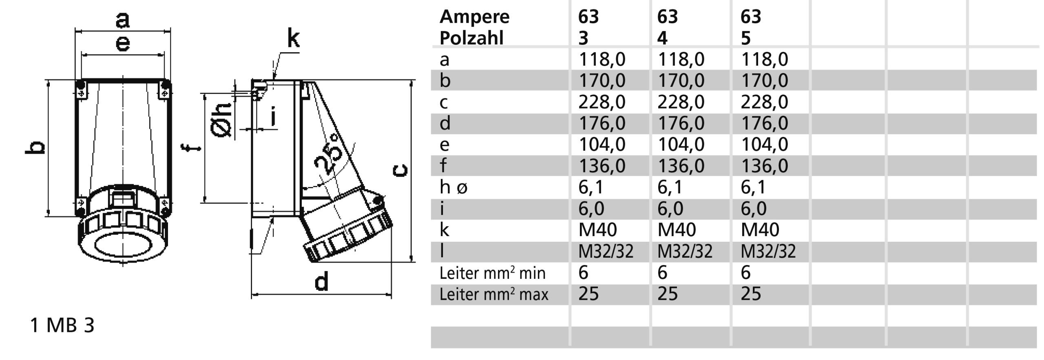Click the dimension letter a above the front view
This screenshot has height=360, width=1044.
pos(122,20)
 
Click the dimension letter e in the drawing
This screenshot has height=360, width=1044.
pos(123,43)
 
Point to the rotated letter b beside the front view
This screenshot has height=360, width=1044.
pos(35,148)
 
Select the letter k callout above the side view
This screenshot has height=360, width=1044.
pos(293,39)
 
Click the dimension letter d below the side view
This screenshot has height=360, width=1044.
pos(321,282)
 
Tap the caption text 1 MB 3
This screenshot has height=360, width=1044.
pos(62,325)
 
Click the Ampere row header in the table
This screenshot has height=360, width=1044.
pos(474,17)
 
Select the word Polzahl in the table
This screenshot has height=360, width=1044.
pos(471,38)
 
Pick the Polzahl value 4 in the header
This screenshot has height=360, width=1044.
pos(662,38)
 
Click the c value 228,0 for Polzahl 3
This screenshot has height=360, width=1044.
pos(602,102)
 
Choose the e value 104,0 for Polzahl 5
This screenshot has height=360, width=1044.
pos(764,144)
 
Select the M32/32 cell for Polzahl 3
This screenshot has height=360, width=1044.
pos(606,252)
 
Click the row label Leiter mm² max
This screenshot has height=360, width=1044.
pos(493,294)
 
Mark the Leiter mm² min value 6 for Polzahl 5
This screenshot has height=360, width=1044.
pos(745,273)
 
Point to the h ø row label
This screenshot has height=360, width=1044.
pos(453,188)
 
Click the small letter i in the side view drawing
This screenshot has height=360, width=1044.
pos(273,116)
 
